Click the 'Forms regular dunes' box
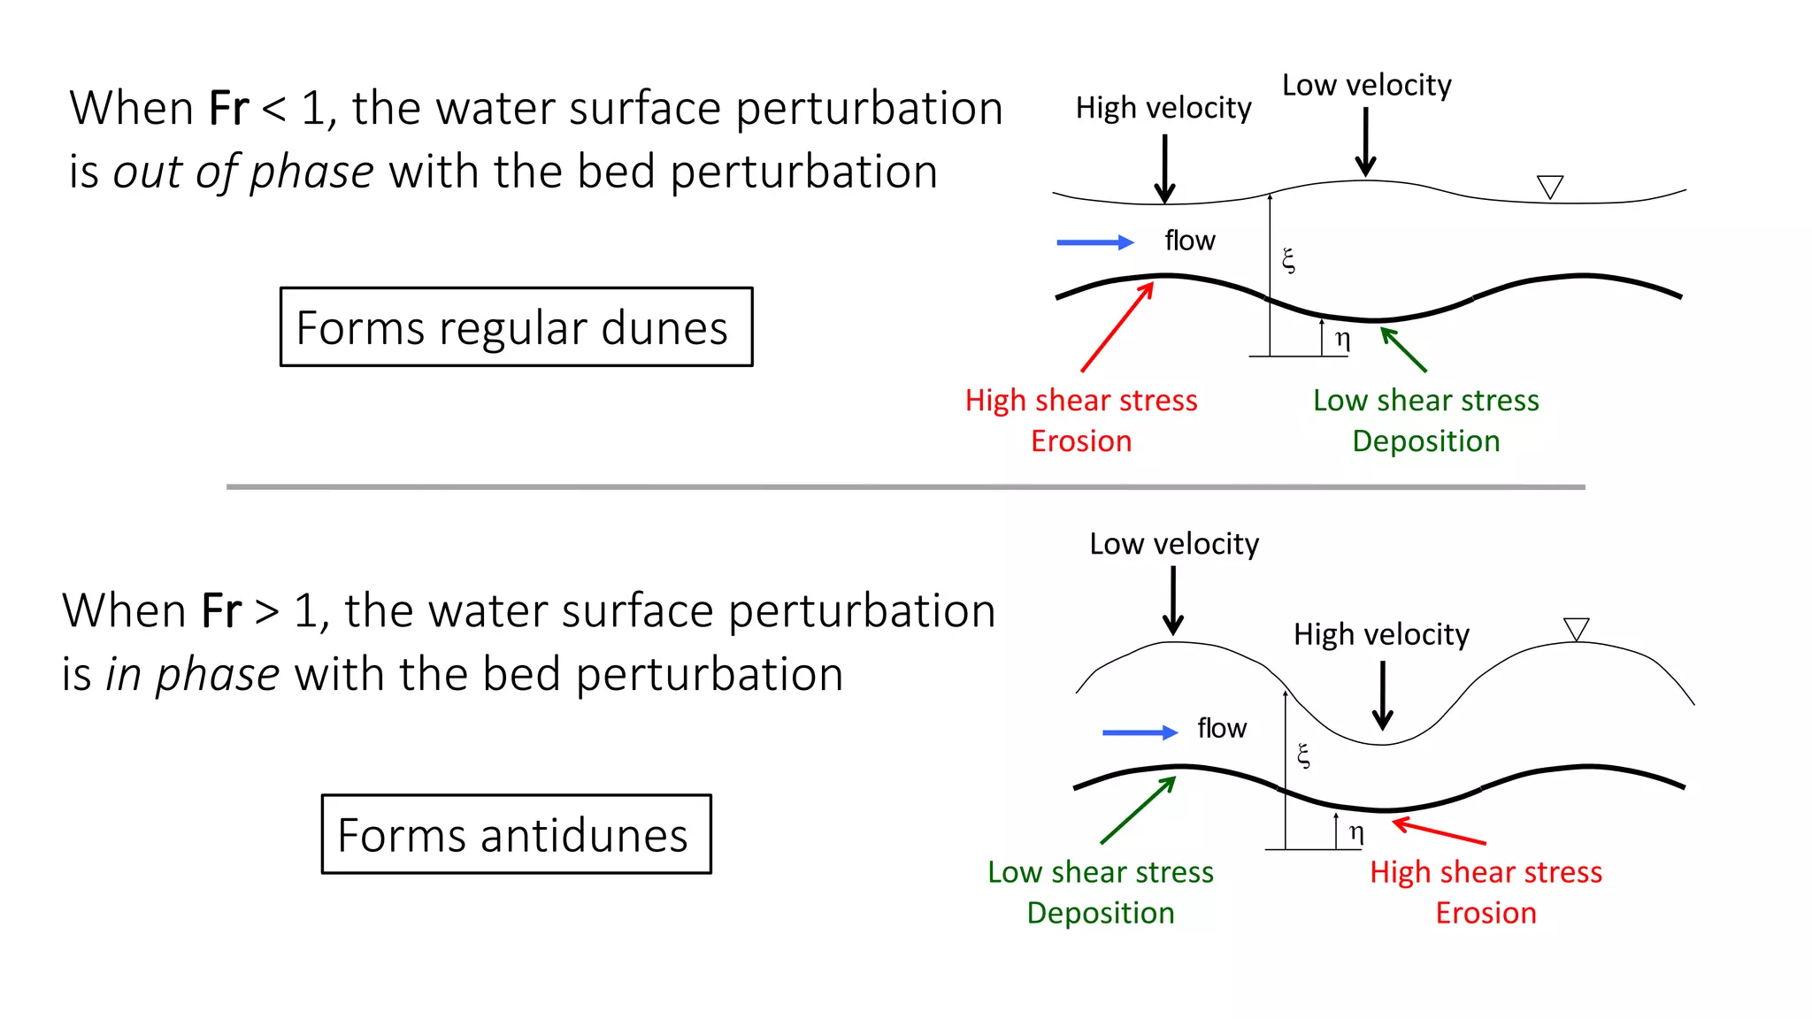pyautogui.click(x=516, y=327)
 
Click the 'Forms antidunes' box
pyautogui.click(x=516, y=834)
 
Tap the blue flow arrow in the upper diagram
pyautogui.click(x=1094, y=242)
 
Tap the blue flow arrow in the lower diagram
pyautogui.click(x=1140, y=732)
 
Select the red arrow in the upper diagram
pyautogui.click(x=1117, y=327)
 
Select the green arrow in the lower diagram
pyautogui.click(x=1138, y=810)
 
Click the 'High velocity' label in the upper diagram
pyautogui.click(x=1163, y=108)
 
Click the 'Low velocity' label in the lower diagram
pyautogui.click(x=1173, y=544)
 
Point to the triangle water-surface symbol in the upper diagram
pyautogui.click(x=1550, y=187)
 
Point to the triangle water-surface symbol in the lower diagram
pyautogui.click(x=1576, y=628)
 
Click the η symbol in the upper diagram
pyautogui.click(x=1342, y=339)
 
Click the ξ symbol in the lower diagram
pyautogui.click(x=1303, y=755)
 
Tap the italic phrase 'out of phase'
pyautogui.click(x=243, y=172)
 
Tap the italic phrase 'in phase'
pyautogui.click(x=193, y=674)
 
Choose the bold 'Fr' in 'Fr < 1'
pyautogui.click(x=228, y=109)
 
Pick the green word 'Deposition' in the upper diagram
pyautogui.click(x=1425, y=441)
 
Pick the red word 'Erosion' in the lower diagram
pyautogui.click(x=1486, y=912)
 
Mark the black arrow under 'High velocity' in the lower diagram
pyautogui.click(x=1382, y=695)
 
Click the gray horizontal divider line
pyautogui.click(x=905, y=487)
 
